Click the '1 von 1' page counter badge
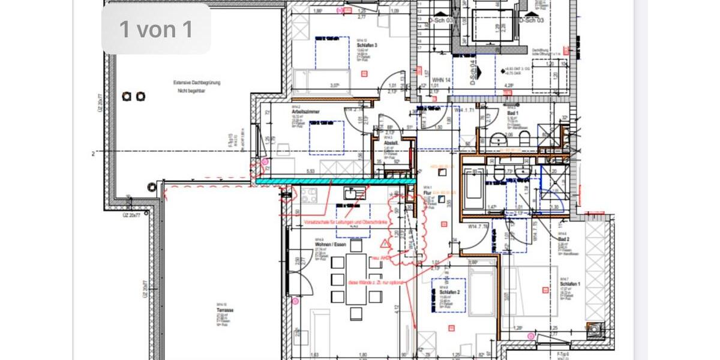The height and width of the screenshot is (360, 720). [156, 29]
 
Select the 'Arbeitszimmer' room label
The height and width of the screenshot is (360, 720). [305, 112]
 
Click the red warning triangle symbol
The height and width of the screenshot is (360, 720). [384, 244]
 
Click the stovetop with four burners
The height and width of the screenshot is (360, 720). [309, 195]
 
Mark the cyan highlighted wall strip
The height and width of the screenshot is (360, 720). [336, 180]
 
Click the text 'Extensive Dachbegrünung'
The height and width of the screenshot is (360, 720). [196, 83]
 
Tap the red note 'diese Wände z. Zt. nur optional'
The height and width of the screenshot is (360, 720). [377, 281]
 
